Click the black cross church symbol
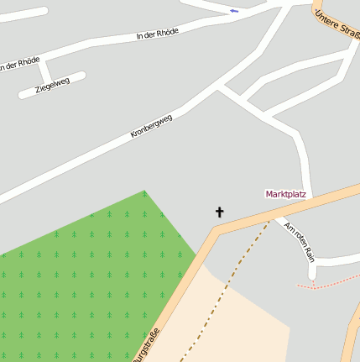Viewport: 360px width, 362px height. [x=220, y=212]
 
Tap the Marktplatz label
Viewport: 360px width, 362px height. [x=285, y=194]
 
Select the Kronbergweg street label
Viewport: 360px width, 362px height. [x=152, y=126]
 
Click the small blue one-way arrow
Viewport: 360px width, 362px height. [x=233, y=11]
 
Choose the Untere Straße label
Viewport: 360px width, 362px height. [x=337, y=22]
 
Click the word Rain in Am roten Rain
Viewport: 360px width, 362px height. [x=308, y=251]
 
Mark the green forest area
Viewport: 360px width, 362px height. [x=84, y=277]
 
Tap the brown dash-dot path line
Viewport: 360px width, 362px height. [x=227, y=286]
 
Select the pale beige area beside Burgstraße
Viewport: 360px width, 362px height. [x=243, y=328]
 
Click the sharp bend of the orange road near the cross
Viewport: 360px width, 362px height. [x=213, y=234]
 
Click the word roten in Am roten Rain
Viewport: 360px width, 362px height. [x=298, y=238]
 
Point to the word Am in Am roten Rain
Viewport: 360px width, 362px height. [x=289, y=227]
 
